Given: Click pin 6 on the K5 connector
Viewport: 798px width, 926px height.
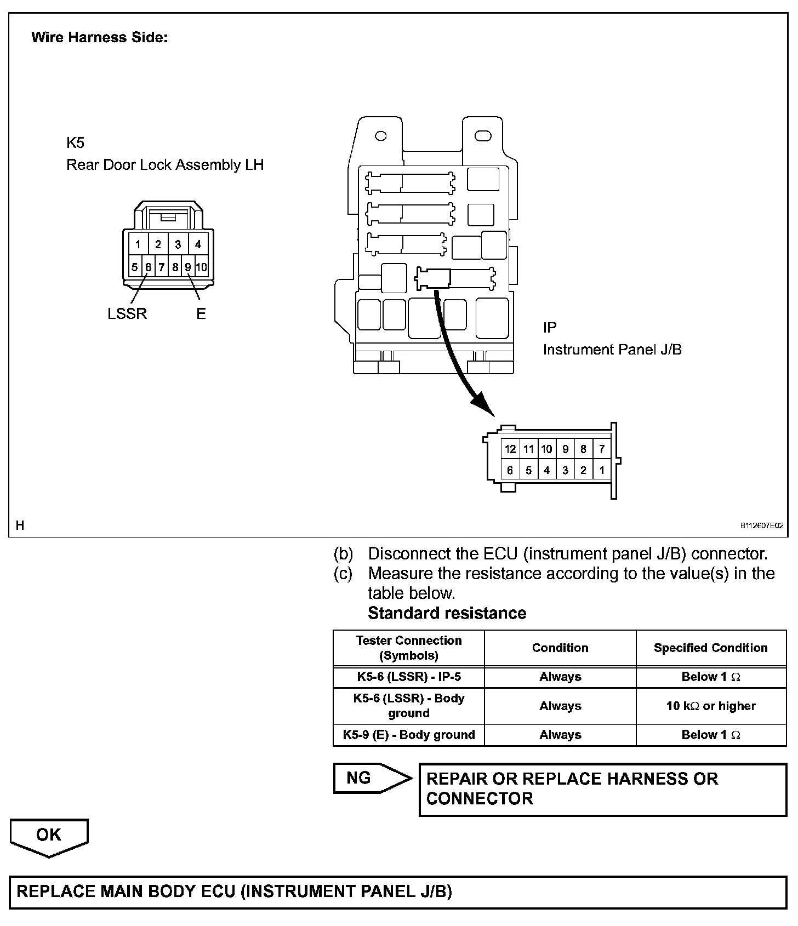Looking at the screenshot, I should (x=148, y=267).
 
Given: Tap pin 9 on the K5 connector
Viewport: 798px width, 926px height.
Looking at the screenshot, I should (x=188, y=267).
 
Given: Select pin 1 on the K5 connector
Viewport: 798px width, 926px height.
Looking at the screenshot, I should (x=138, y=244).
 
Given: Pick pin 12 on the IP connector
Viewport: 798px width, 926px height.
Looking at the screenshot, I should (x=510, y=449).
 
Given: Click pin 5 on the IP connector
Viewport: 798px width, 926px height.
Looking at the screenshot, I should (x=528, y=470).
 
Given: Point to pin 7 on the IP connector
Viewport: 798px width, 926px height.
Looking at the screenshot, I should (x=602, y=449).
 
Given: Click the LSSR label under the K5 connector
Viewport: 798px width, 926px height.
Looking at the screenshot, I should (x=127, y=314).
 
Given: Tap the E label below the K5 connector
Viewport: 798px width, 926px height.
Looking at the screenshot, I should (x=201, y=314).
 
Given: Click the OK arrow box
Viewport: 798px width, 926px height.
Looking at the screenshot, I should (x=49, y=836).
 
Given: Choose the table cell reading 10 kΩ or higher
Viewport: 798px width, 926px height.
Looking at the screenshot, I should (x=711, y=706).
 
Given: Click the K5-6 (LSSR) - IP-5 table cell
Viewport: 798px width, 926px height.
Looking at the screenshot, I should (x=409, y=677).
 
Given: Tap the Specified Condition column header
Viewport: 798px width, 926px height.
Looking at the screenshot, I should (x=711, y=648).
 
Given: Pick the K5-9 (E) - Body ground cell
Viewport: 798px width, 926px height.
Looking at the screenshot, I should (x=409, y=735).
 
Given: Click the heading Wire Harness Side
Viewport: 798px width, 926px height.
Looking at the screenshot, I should (x=99, y=37).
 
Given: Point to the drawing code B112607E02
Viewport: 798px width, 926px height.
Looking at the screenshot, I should (x=762, y=525).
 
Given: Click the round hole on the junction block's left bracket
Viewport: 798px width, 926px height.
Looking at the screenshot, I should (x=380, y=136).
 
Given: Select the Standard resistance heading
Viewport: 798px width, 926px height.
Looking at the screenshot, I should (x=447, y=613).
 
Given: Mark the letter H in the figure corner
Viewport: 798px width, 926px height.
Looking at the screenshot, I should (x=20, y=525).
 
